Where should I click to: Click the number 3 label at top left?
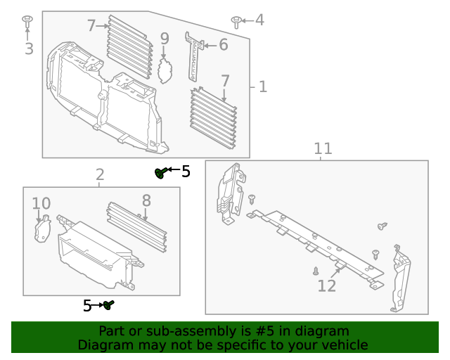[29, 49]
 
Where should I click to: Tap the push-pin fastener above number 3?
[27, 19]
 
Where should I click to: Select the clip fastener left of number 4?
[236, 20]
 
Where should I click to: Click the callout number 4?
[259, 20]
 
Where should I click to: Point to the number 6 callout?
[223, 45]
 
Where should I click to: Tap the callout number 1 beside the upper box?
[262, 86]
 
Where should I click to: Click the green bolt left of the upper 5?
[160, 172]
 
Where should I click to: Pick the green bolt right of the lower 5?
[109, 304]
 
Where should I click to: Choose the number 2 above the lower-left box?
[100, 174]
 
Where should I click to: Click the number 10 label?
[41, 204]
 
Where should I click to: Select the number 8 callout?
[146, 201]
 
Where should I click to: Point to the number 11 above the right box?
[322, 148]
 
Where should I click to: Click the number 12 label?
[327, 286]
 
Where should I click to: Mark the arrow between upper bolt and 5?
[173, 171]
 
